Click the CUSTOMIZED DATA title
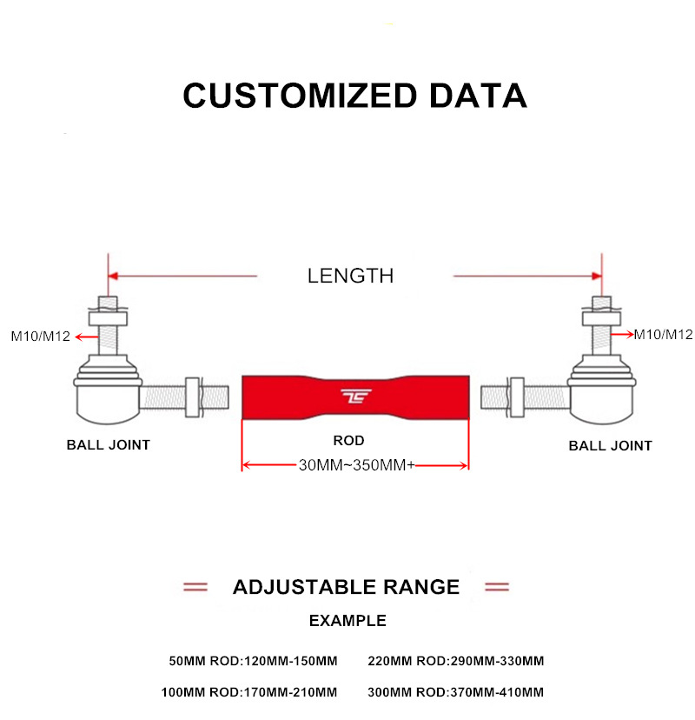coord(354,95)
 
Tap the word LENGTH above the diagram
coord(350,277)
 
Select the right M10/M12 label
coord(663,334)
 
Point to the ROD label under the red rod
coord(349,440)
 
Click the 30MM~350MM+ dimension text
coord(356,465)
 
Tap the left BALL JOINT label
coord(109,444)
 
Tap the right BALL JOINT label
coord(610,445)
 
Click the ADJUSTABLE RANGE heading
coord(346,587)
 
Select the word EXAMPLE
coord(347,621)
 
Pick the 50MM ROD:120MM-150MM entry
coord(253,661)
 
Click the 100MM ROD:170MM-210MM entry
coord(248,693)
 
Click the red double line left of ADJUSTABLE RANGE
coord(195,587)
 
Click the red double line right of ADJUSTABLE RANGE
coord(496,587)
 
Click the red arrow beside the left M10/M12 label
coord(84,336)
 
